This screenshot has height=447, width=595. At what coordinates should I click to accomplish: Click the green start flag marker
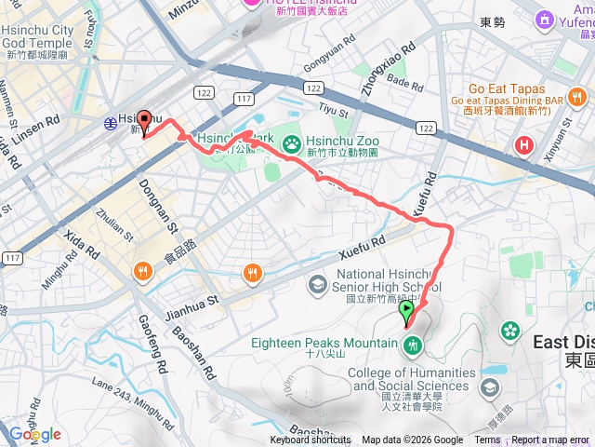[x=407, y=313]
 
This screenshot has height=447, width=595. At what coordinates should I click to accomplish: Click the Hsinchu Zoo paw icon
[x=291, y=142]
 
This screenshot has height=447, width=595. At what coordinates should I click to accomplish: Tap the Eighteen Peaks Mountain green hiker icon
[x=414, y=345]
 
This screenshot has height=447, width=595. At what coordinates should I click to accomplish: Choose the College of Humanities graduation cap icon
[x=490, y=386]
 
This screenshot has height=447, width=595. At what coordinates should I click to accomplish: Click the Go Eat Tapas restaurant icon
[x=577, y=97]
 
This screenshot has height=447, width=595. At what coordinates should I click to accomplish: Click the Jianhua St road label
[x=193, y=301]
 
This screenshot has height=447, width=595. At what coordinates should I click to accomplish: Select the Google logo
[x=34, y=434]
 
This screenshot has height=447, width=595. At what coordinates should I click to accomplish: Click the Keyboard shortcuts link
[x=311, y=440]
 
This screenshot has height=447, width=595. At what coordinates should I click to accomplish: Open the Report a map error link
[x=551, y=440]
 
